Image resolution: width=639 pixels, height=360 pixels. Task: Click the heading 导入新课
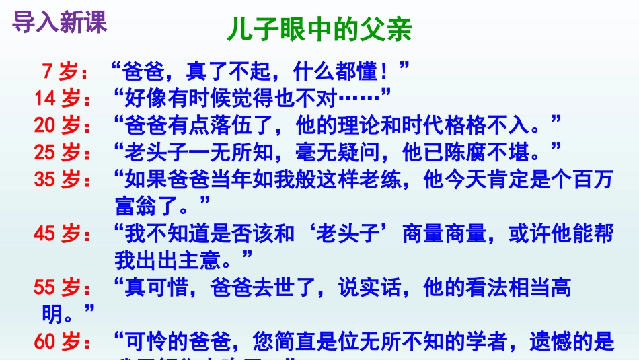(59, 22)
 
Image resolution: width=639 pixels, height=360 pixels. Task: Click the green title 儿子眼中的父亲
(319, 32)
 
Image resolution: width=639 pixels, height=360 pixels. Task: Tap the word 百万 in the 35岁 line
(593, 180)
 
